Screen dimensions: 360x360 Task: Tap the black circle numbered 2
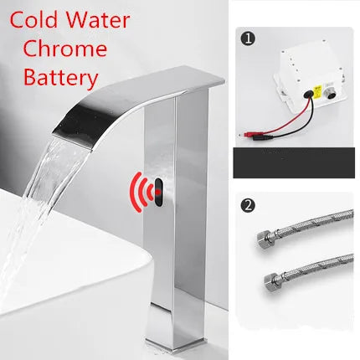247,204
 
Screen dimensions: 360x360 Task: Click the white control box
301,76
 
